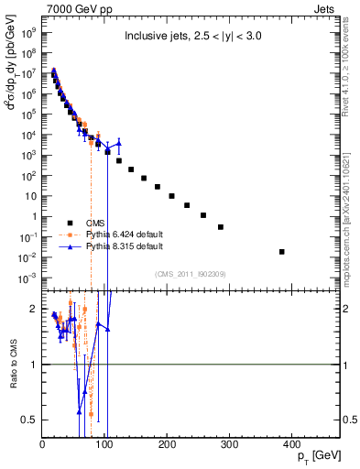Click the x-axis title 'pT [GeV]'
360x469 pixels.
click(x=313, y=455)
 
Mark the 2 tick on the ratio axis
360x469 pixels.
click(x=33, y=310)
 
